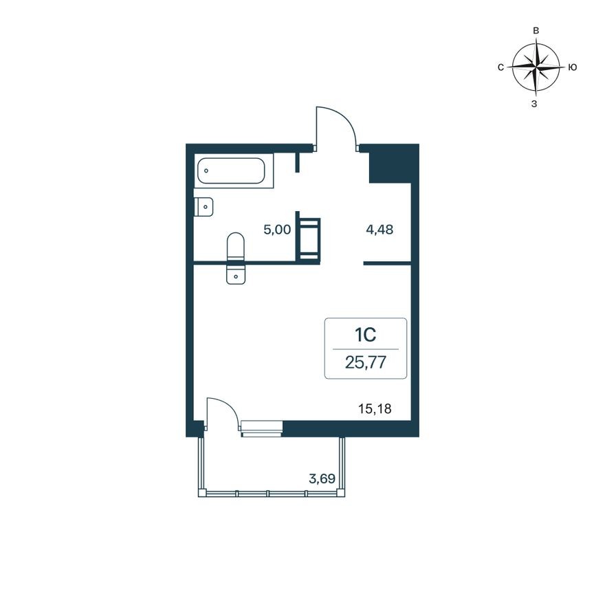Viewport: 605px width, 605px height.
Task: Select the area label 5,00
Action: pos(277,230)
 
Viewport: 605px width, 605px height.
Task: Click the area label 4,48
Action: pos(379,230)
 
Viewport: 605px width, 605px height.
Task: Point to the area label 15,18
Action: pos(375,409)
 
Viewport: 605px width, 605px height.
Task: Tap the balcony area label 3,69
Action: pos(322,479)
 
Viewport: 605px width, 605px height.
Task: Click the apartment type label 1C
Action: pos(364,335)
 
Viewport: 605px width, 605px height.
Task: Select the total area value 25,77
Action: pos(365,362)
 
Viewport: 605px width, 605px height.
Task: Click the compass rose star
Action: pos(535,67)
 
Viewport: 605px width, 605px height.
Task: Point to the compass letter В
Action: pos(536,31)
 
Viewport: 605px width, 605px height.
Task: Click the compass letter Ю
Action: pos(573,67)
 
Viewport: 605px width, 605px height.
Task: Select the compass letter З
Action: pos(535,104)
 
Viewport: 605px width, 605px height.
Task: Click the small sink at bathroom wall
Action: pos(203,206)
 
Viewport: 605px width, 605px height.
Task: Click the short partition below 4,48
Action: pos(387,263)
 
